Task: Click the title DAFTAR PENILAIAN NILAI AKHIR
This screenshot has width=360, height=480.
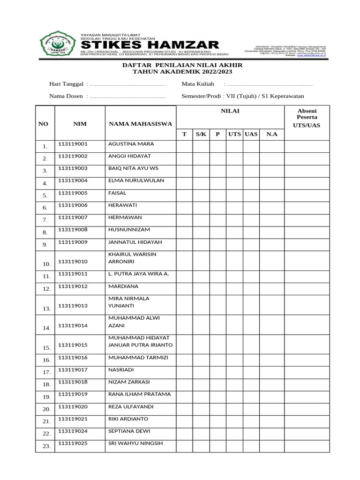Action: pos(182,65)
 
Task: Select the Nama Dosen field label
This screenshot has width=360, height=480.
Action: pos(67,96)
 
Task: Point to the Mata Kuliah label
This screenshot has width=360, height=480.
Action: pos(198,84)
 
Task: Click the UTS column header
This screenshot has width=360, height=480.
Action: pos(234,134)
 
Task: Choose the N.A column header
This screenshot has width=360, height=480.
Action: pos(272,134)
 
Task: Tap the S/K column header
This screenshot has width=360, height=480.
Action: pos(201,134)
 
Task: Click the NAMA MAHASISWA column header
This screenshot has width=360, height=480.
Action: pos(141,124)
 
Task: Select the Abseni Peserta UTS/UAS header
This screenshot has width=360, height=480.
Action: pos(307,118)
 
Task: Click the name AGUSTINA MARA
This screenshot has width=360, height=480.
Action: pos(131,144)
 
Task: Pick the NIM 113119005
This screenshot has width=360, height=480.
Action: pos(73,193)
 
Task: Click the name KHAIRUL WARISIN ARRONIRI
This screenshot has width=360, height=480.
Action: pos(132,258)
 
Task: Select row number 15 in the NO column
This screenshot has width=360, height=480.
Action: pos(46,348)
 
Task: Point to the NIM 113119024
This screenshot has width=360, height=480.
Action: pos(73,431)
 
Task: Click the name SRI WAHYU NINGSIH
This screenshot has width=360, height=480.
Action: pos(135,443)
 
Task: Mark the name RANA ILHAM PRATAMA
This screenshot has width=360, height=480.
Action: pos(139,394)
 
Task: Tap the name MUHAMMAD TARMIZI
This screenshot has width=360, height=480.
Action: pos(138,358)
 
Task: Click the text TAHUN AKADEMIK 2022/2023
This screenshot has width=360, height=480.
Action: pos(182,72)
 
